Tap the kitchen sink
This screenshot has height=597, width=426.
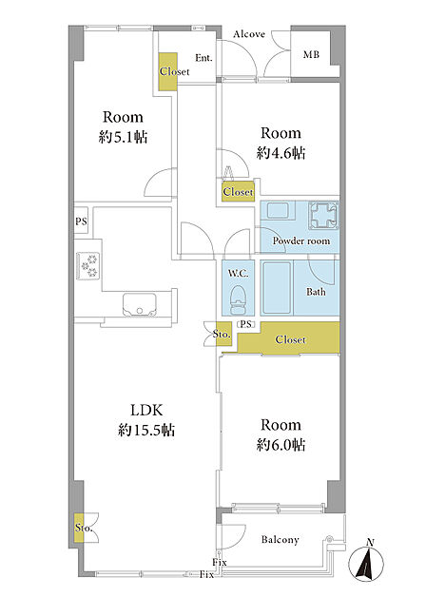pyautogui.click(x=140, y=304)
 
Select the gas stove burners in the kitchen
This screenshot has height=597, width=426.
pyautogui.click(x=89, y=266)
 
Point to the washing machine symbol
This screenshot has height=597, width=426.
pyautogui.click(x=323, y=215)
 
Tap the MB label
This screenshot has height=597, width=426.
pyautogui.click(x=311, y=54)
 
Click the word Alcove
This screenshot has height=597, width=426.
pyautogui.click(x=249, y=34)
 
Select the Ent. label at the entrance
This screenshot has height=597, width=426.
pyautogui.click(x=204, y=58)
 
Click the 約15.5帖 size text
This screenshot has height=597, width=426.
pyautogui.click(x=146, y=431)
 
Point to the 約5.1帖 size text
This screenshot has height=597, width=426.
pyautogui.click(x=123, y=137)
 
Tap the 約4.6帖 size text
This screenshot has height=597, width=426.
pyautogui.click(x=281, y=153)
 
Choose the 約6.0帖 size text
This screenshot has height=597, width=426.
pyautogui.click(x=281, y=445)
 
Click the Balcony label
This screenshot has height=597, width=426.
pyautogui.click(x=280, y=540)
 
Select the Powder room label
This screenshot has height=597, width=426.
pyautogui.click(x=301, y=241)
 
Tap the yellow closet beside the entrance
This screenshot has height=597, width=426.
pyautogui.click(x=167, y=71)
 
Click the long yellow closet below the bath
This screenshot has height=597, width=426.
pyautogui.click(x=288, y=338)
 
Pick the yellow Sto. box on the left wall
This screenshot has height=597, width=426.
pyautogui.click(x=79, y=528)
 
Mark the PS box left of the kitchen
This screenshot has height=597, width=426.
pyautogui.click(x=81, y=221)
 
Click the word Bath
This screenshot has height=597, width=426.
pyautogui.click(x=316, y=292)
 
